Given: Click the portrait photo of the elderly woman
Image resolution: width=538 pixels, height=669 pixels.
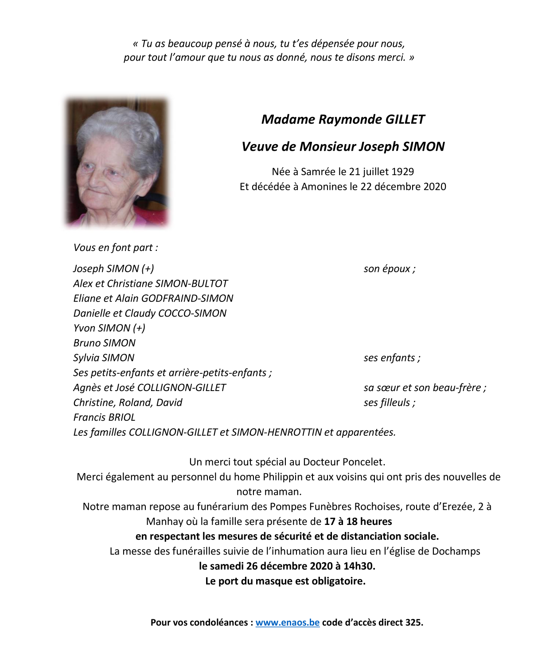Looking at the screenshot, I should (x=117, y=162).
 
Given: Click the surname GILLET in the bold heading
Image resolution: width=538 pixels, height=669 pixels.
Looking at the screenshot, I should (x=405, y=119).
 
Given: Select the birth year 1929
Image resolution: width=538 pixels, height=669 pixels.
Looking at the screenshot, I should (x=403, y=172).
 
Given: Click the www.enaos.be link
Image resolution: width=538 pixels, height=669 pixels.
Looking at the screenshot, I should (x=287, y=622).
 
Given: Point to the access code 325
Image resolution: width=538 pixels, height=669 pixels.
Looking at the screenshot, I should (x=413, y=622).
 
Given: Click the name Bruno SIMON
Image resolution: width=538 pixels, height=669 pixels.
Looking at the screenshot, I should (x=105, y=343).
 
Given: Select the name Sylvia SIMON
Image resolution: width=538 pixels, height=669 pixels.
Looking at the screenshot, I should (x=104, y=358).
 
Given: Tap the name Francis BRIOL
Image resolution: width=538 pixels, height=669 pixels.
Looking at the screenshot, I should (x=104, y=417).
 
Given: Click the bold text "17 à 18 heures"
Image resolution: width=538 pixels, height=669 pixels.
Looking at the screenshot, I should (x=358, y=521).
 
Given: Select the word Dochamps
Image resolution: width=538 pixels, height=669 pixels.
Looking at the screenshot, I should (x=456, y=551).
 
